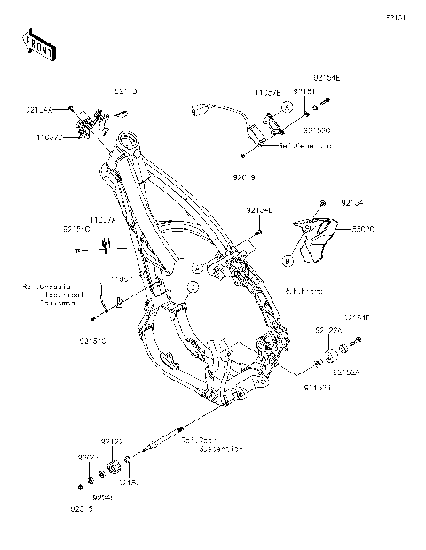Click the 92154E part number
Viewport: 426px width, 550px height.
pyautogui.click(x=326, y=78)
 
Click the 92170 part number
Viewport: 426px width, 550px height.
pyautogui.click(x=125, y=90)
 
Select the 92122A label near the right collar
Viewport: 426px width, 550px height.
pyautogui.click(x=327, y=329)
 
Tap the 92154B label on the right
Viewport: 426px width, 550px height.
pyautogui.click(x=358, y=317)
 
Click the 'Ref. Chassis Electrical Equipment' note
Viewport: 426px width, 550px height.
pyautogui.click(x=52, y=295)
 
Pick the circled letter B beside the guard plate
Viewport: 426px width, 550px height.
pyautogui.click(x=288, y=260)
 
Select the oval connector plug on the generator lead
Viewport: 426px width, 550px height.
pyautogui.click(x=201, y=110)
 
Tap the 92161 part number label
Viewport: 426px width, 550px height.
pyautogui.click(x=304, y=90)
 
